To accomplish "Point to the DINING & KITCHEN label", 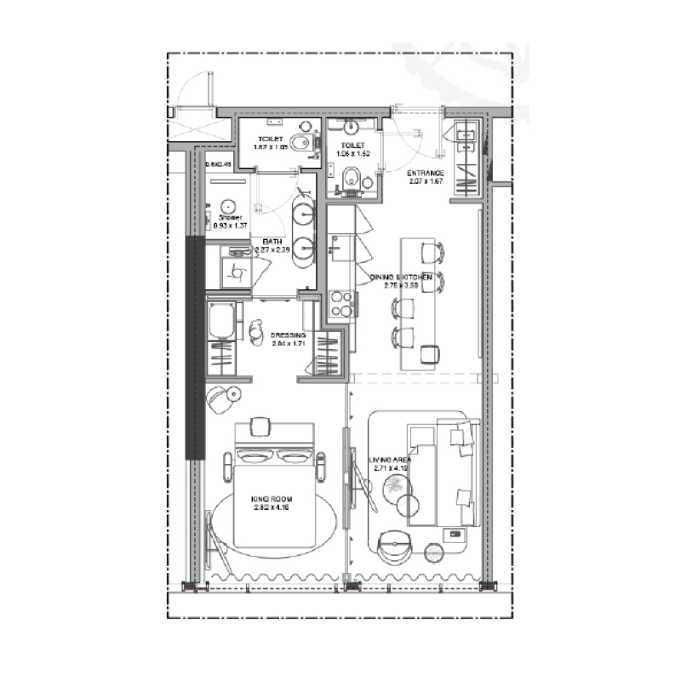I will pos(401,278).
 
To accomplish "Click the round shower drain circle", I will pos(227,204).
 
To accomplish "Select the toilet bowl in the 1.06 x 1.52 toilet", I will pos(352,178).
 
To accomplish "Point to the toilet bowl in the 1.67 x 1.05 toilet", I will pos(300,142).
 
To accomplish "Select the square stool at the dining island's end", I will pos(431,353).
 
